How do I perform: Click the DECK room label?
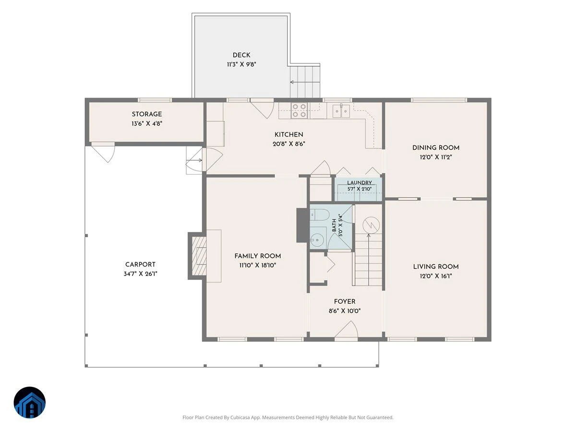coord(241,55)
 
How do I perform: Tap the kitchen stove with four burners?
coord(299,110)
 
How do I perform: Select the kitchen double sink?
coord(341,110)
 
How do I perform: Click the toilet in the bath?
coord(319,215)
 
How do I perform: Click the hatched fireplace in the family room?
coord(199,256)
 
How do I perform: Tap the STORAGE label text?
coord(147,114)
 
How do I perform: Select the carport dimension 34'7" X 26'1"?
coord(140,274)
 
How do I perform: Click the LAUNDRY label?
coord(359,182)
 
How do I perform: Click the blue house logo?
coord(30,402)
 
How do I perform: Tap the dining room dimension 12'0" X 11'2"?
coord(436,157)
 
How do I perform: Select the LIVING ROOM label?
coord(436,266)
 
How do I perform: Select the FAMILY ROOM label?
coord(257,256)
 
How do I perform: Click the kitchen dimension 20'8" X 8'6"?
coord(288,144)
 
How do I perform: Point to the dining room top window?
coord(439,100)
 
